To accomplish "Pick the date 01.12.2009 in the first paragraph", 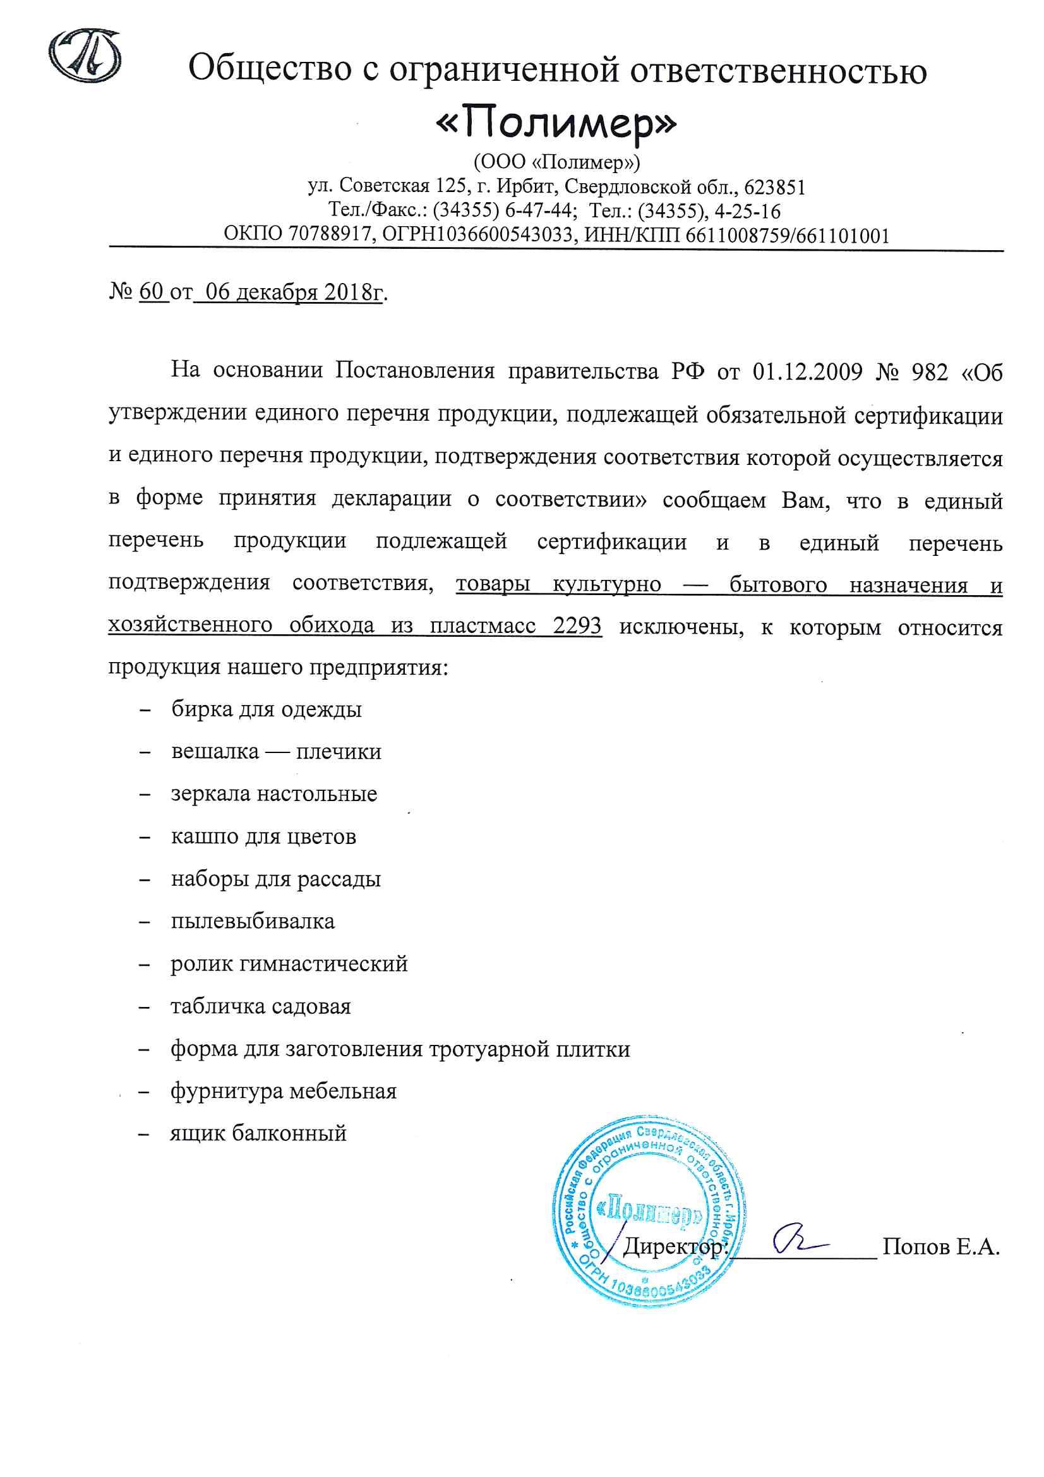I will coord(807,372).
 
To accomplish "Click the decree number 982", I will coord(930,372).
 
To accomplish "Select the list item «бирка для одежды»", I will coord(267,709).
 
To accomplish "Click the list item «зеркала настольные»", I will coord(274,794).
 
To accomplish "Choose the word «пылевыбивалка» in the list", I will coord(253,921).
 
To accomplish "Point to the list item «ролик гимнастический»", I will coord(289,963).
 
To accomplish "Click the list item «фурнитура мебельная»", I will coord(284,1091).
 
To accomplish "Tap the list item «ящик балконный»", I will coord(258,1133).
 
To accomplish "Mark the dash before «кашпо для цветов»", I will coord(145,837).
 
